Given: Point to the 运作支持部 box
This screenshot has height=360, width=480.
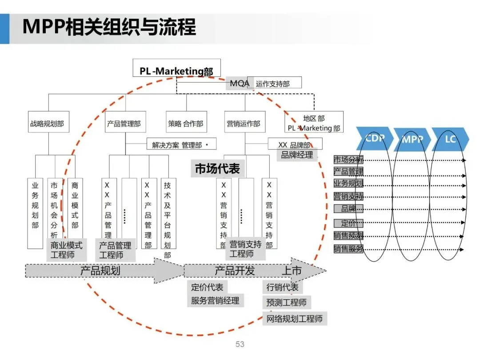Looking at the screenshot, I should tap(274, 83).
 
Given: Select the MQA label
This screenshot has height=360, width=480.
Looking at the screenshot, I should tap(240, 83).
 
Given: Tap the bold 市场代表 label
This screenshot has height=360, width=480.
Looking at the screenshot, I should tap(217, 169).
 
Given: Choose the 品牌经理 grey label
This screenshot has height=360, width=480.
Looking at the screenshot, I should tap(297, 155).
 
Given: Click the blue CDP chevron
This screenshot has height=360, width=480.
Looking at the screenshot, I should tap(374, 138).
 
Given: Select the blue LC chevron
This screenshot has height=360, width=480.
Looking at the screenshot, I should tap(450, 139).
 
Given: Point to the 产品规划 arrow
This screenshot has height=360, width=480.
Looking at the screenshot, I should tap(100, 271).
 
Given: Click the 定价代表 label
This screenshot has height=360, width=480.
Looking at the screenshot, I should tap(208, 287).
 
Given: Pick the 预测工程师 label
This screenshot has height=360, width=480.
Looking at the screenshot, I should tap(286, 303).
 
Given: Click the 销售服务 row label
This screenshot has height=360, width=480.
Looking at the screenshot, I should tap(348, 249).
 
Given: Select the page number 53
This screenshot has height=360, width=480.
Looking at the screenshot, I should tap(240, 344).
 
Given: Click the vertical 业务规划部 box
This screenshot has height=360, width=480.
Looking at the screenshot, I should tap(35, 212).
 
